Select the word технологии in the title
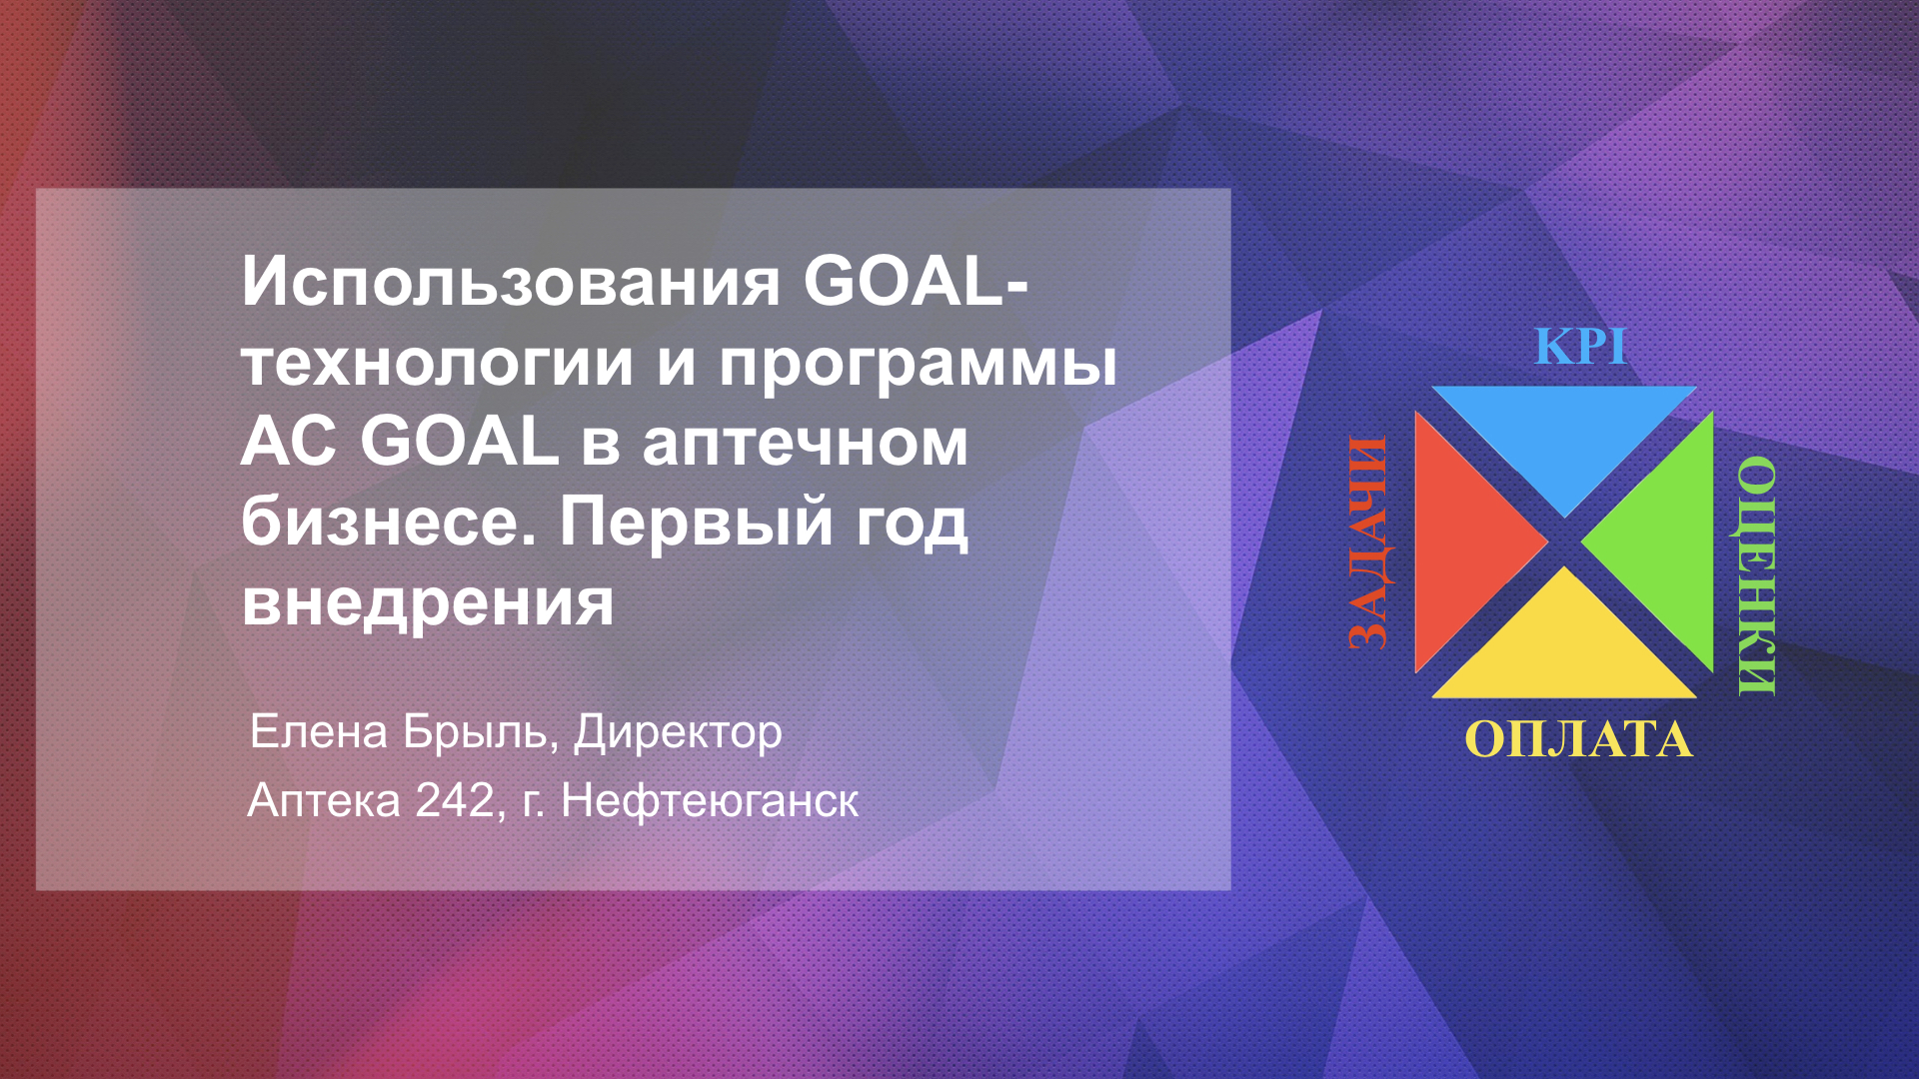coord(438,362)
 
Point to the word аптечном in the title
coord(806,444)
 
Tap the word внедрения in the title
coord(428,602)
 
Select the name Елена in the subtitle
coord(319,731)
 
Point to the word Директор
coord(678,733)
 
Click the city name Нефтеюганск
coord(710,801)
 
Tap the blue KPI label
coord(1580,347)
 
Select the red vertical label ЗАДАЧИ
coord(1367,543)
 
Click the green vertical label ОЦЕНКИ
coord(1757,576)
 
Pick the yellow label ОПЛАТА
coord(1579,740)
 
